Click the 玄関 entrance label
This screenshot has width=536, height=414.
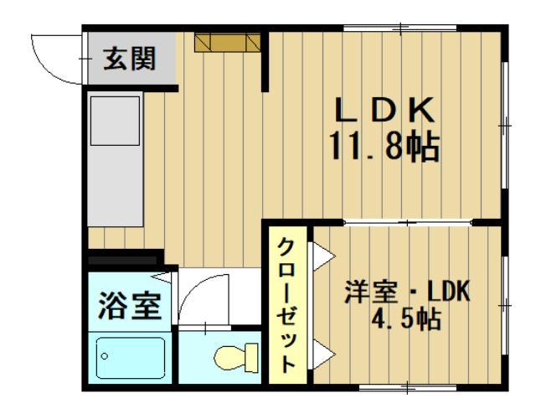(x=130, y=59)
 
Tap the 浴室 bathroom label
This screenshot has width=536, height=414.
(x=130, y=306)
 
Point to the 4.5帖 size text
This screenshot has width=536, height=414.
(x=405, y=319)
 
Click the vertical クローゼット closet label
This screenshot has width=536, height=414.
(x=286, y=306)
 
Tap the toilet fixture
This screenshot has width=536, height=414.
(x=236, y=358)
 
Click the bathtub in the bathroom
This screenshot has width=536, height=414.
(x=131, y=358)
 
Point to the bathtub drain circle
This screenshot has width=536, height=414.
(x=105, y=356)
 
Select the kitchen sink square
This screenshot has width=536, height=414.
(x=115, y=121)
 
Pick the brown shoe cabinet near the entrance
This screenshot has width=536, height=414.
(x=227, y=43)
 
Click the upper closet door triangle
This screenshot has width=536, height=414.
(x=323, y=256)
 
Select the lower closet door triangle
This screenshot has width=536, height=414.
(x=323, y=354)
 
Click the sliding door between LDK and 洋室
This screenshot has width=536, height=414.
(x=408, y=223)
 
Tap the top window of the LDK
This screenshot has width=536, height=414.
(x=400, y=28)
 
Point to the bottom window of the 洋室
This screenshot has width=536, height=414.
(x=408, y=388)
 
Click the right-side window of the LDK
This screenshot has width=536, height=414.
(x=504, y=125)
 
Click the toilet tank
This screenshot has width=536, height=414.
(x=251, y=358)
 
